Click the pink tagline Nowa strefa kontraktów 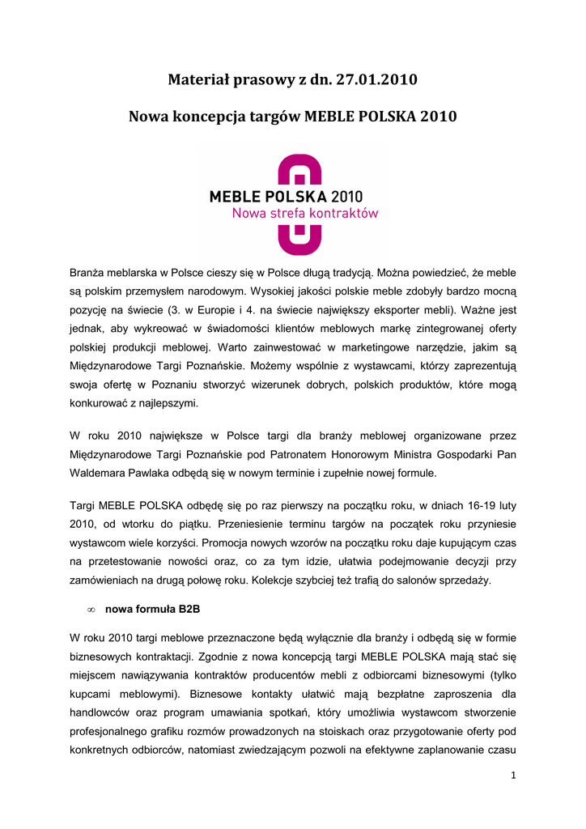click(x=305, y=214)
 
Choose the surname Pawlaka click(x=162, y=473)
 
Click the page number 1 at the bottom click(x=513, y=775)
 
